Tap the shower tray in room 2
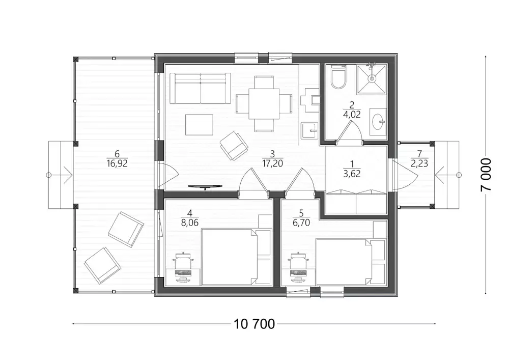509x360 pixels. click(x=372, y=79)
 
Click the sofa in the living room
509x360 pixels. click(x=200, y=88)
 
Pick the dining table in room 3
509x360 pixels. click(x=264, y=104)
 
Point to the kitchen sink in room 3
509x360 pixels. click(x=309, y=130)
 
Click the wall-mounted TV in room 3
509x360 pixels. click(x=205, y=187)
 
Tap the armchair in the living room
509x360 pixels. click(x=234, y=146)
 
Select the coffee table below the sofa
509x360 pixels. click(x=200, y=124)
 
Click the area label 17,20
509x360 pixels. click(x=272, y=163)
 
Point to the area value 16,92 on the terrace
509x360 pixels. click(x=117, y=163)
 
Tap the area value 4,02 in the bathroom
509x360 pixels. click(x=352, y=114)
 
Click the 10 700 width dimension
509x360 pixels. click(x=254, y=324)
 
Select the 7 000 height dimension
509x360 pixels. click(x=486, y=175)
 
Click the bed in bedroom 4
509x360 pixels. click(x=229, y=257)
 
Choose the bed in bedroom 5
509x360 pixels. click(x=344, y=262)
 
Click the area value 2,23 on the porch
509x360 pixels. click(x=419, y=163)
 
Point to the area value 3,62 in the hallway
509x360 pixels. click(x=352, y=174)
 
